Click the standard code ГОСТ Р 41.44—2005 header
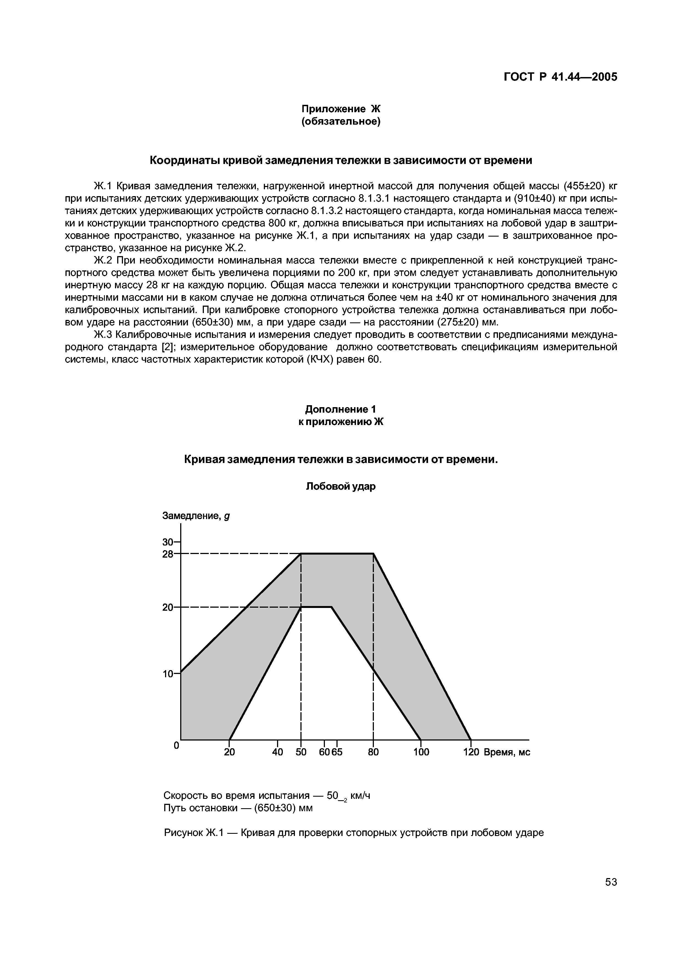point(561,77)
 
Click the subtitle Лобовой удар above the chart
point(340,486)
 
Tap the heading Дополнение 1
point(340,409)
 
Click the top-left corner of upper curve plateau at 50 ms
point(301,554)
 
